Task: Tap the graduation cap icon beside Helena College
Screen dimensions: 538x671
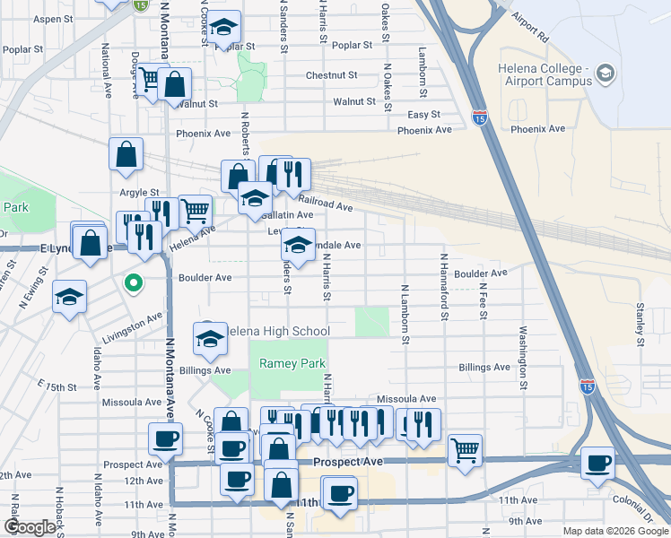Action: [x=606, y=72]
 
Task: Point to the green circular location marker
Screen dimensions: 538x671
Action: [x=134, y=284]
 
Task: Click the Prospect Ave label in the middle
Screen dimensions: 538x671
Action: [x=349, y=461]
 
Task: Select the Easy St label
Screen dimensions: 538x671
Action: [x=424, y=115]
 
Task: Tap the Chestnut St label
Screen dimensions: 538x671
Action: [x=331, y=75]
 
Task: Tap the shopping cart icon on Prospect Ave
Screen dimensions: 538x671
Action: [x=465, y=449]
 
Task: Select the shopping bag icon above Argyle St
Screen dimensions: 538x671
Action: [x=126, y=153]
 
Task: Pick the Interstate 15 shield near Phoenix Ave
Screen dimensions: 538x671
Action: [x=481, y=117]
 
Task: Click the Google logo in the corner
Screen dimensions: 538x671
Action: [x=30, y=527]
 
